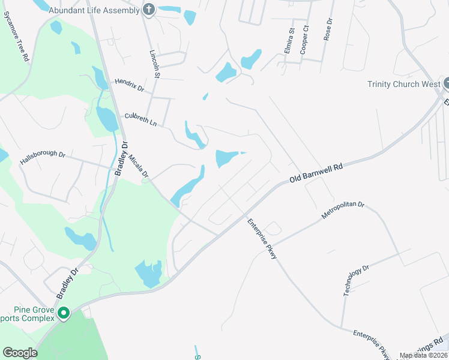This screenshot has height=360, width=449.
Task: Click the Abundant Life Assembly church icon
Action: click(149, 10)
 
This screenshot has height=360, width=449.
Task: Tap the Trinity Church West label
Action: click(404, 84)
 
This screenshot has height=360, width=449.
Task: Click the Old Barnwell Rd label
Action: click(316, 172)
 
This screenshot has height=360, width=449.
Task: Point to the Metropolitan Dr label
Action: click(343, 213)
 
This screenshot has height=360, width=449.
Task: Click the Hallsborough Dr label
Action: click(42, 157)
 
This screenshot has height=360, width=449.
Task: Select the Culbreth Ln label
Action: click(140, 120)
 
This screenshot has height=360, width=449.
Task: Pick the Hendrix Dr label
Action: click(130, 85)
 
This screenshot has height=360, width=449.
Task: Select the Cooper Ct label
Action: click(305, 40)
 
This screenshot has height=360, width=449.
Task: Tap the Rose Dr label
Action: click(328, 29)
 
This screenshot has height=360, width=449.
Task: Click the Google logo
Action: click(20, 353)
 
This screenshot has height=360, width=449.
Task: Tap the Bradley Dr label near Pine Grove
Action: click(68, 284)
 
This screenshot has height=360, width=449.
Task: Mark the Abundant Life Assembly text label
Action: click(95, 10)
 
